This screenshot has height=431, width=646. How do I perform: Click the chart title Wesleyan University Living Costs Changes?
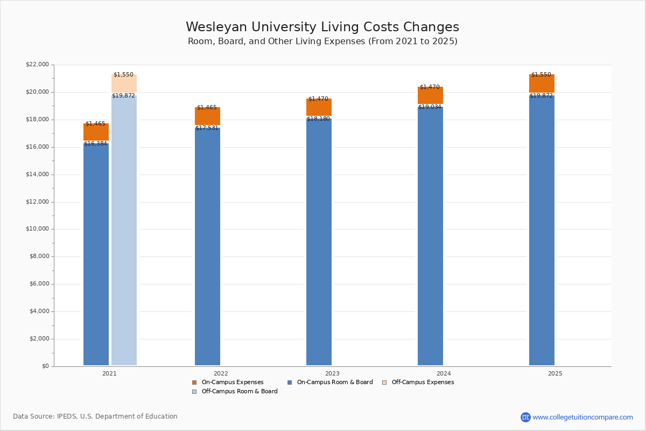point(322,27)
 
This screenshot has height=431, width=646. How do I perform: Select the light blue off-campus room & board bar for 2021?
point(124,232)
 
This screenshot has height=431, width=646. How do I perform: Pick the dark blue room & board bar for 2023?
point(319,242)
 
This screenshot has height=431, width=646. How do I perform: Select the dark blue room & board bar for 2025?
point(542,232)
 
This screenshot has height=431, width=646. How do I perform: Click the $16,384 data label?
point(96,144)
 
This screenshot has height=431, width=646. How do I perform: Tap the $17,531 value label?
point(207,128)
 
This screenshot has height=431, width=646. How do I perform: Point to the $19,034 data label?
point(430,107)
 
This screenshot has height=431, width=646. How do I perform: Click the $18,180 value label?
point(319,119)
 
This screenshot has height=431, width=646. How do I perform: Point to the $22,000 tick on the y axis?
point(37,65)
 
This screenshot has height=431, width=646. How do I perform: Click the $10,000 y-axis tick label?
point(37,229)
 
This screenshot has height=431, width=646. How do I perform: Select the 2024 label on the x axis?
point(444,373)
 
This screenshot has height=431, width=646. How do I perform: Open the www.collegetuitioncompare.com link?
point(582,417)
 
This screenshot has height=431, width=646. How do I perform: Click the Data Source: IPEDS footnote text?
point(95,416)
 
